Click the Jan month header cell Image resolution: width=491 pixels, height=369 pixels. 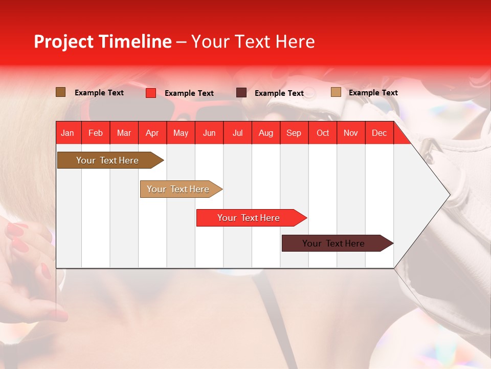click(68, 133)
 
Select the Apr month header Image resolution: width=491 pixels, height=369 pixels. click(152, 133)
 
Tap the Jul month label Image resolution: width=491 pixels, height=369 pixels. click(237, 133)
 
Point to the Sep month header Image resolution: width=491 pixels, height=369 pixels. click(294, 133)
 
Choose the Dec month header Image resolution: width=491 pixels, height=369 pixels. click(379, 133)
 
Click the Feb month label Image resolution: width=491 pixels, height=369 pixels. click(96, 133)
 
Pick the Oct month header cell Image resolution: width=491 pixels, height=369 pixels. click(323, 133)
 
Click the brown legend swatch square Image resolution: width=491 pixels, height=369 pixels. click(61, 92)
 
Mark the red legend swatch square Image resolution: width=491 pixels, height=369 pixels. click(151, 93)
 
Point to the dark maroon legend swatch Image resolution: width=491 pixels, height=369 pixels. click(241, 93)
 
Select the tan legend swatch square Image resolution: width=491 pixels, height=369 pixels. click(336, 92)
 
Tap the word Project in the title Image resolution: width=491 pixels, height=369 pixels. click(64, 42)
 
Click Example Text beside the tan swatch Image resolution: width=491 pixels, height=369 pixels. click(373, 93)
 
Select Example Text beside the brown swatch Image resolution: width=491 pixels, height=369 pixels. click(99, 93)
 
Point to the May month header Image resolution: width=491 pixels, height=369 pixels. click(181, 133)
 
